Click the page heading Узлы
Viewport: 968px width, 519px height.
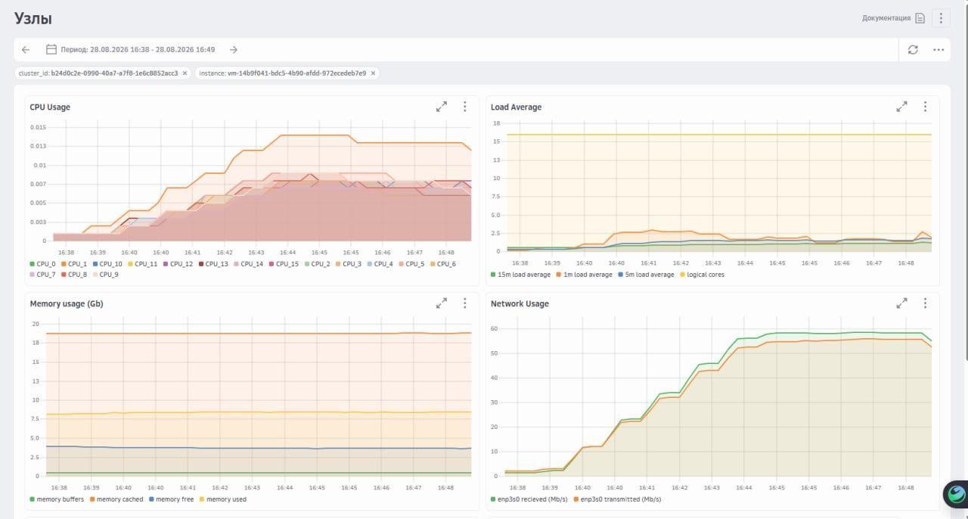pyautogui.click(x=33, y=19)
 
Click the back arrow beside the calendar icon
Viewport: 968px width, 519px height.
pyautogui.click(x=26, y=50)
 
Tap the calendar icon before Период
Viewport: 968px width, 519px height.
pyautogui.click(x=51, y=49)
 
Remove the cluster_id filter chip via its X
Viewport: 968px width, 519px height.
pyautogui.click(x=185, y=73)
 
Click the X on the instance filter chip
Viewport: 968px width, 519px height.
pyautogui.click(x=373, y=73)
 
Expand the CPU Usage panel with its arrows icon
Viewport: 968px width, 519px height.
pyautogui.click(x=441, y=107)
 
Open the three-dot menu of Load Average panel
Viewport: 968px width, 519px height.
pyautogui.click(x=925, y=107)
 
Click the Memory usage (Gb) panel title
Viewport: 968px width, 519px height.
pyautogui.click(x=67, y=303)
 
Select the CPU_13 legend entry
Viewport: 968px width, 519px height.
pyautogui.click(x=213, y=264)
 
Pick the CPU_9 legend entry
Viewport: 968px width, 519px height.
pyautogui.click(x=105, y=275)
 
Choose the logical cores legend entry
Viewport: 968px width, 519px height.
pyautogui.click(x=703, y=275)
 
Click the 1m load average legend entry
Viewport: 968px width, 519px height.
pyautogui.click(x=585, y=275)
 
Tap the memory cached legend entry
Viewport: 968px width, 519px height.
pyautogui.click(x=116, y=499)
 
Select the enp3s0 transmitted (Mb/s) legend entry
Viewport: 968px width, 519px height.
pyautogui.click(x=618, y=499)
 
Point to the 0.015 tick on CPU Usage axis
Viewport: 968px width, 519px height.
pyautogui.click(x=38, y=127)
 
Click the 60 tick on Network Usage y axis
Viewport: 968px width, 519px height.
pyautogui.click(x=494, y=328)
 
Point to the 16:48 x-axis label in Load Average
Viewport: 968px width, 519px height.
pyautogui.click(x=906, y=263)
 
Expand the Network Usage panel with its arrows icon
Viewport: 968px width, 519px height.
pyautogui.click(x=902, y=303)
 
